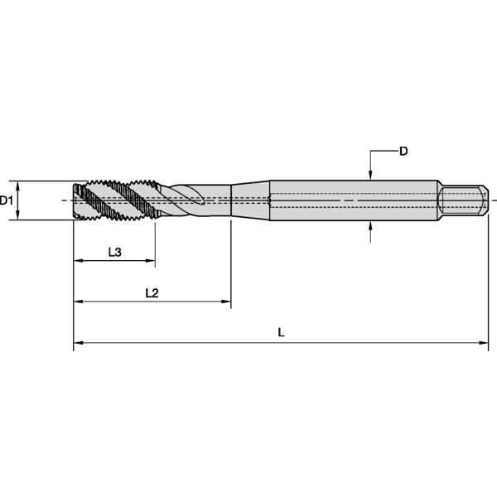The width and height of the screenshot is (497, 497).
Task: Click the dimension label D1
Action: coord(7,200)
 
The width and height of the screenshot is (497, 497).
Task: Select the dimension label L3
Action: coord(116,252)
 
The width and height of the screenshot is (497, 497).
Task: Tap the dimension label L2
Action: coord(152,292)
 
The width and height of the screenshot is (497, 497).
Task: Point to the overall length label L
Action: coord(282,332)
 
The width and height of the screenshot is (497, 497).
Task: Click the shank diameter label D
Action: coord(403,151)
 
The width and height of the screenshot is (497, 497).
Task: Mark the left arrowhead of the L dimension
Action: coord(79,342)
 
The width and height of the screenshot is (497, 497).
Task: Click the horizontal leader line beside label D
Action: coord(383,152)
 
